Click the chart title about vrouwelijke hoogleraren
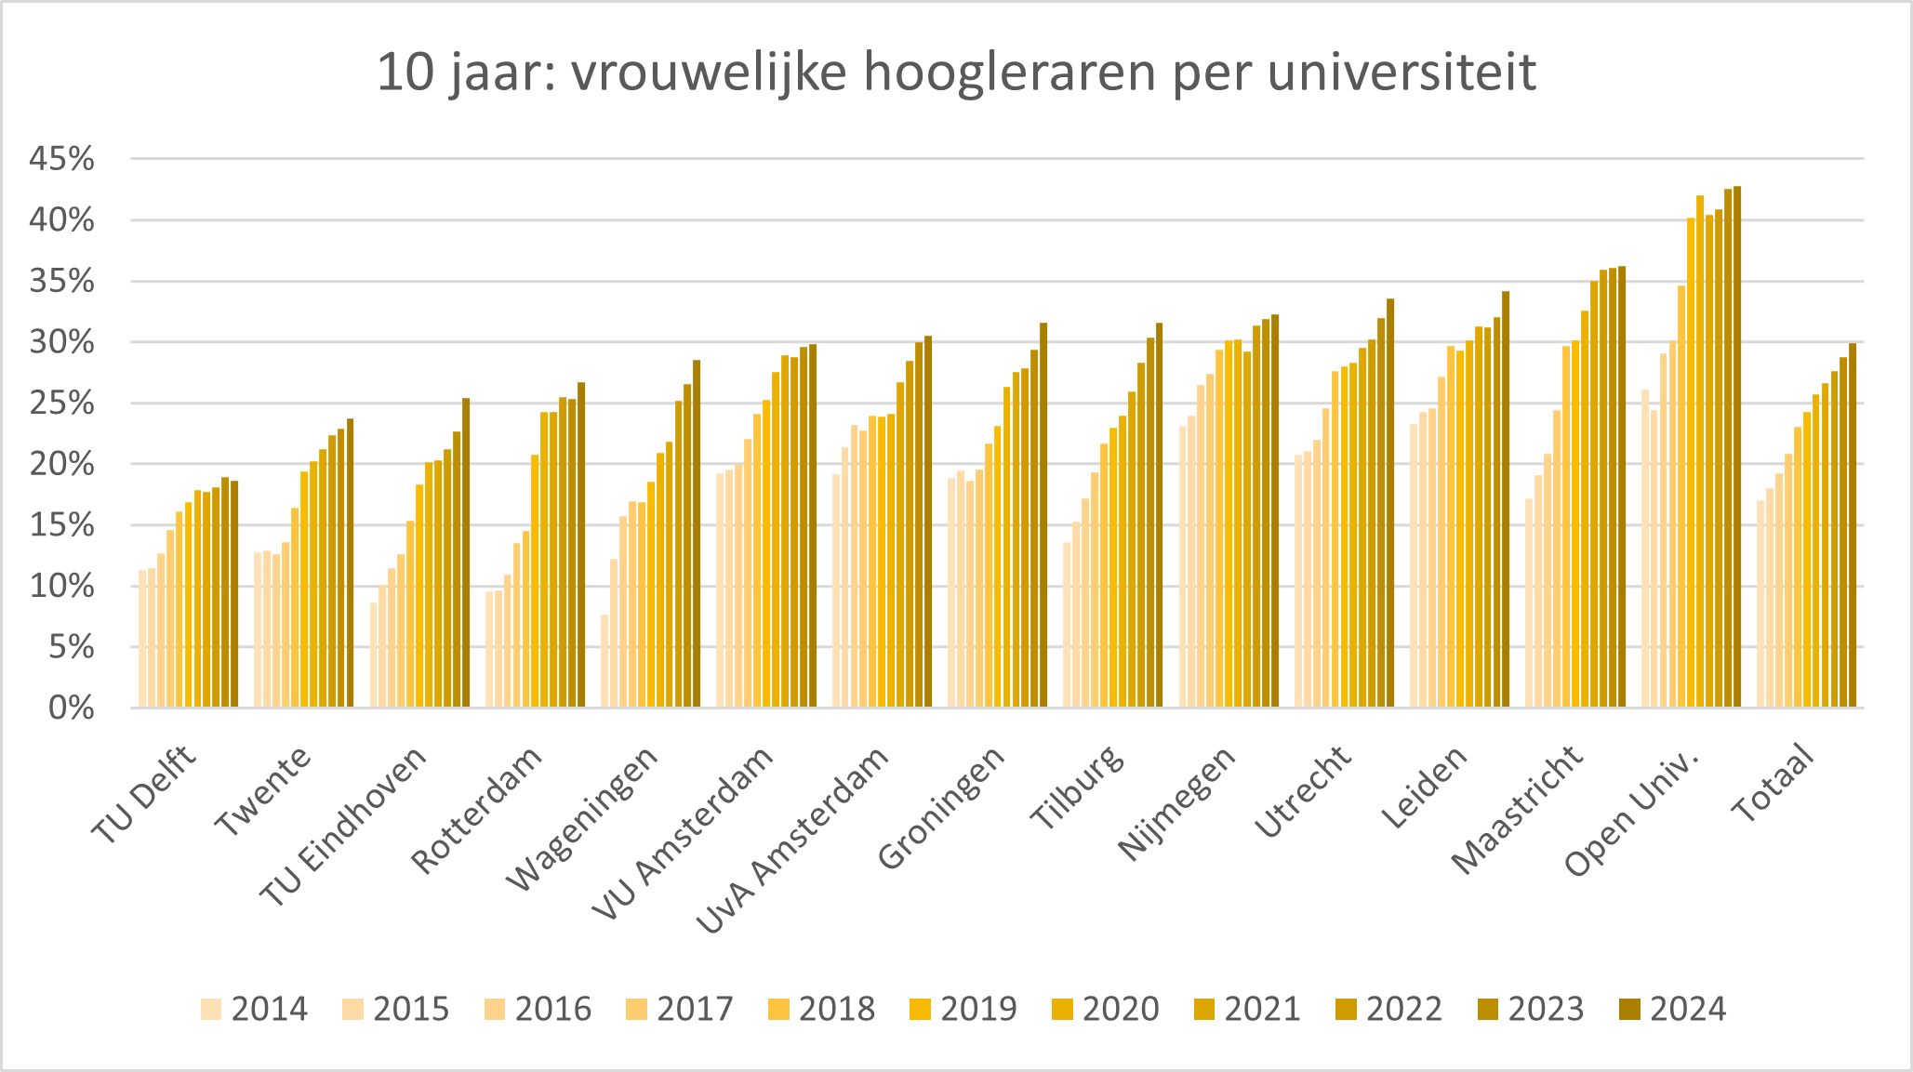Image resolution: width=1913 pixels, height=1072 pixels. (956, 73)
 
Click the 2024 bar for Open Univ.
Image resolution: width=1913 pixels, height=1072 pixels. (1736, 446)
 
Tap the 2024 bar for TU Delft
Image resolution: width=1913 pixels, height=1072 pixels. (234, 595)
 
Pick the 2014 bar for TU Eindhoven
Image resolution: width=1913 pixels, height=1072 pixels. (374, 655)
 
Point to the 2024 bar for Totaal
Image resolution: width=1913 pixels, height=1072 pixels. (1852, 525)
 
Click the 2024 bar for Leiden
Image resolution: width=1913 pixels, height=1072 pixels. (1506, 499)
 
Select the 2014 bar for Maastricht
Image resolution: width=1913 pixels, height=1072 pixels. (1529, 603)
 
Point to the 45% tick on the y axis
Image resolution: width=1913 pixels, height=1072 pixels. (62, 160)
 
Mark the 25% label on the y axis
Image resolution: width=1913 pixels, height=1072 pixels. (62, 404)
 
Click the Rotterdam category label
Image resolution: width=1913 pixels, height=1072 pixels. (476, 811)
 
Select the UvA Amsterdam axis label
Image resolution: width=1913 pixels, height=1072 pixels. (792, 841)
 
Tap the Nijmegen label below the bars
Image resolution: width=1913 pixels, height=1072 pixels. (1176, 804)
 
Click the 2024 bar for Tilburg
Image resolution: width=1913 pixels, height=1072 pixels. (1159, 515)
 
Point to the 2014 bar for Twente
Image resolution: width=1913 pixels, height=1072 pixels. (258, 629)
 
